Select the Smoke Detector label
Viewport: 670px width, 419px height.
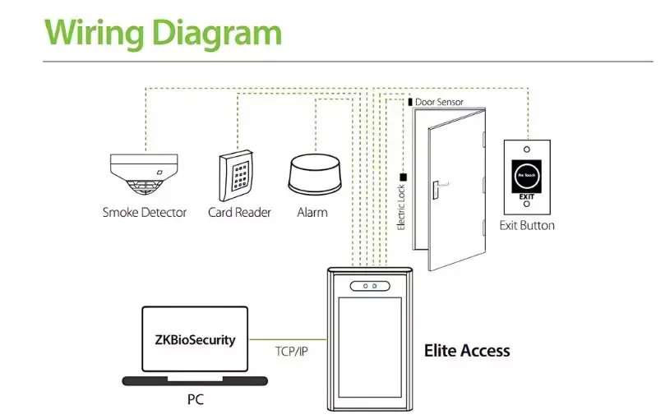click(144, 213)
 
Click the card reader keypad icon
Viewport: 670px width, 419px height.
click(239, 174)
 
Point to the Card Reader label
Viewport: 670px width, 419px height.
click(239, 213)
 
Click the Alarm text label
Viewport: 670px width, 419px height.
click(312, 213)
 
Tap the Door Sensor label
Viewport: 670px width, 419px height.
click(439, 103)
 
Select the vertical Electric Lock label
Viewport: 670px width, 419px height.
click(402, 207)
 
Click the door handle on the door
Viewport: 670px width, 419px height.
click(433, 188)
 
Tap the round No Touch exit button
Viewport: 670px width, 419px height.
click(526, 176)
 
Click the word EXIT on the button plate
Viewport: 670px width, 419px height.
click(526, 197)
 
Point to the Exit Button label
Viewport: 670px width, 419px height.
click(527, 226)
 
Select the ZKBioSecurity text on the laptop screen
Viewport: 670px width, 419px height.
click(195, 340)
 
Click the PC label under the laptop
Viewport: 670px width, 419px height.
click(194, 400)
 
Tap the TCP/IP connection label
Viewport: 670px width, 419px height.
click(292, 351)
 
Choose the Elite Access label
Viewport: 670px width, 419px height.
click(467, 351)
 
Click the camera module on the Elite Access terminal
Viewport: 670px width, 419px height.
click(368, 286)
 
